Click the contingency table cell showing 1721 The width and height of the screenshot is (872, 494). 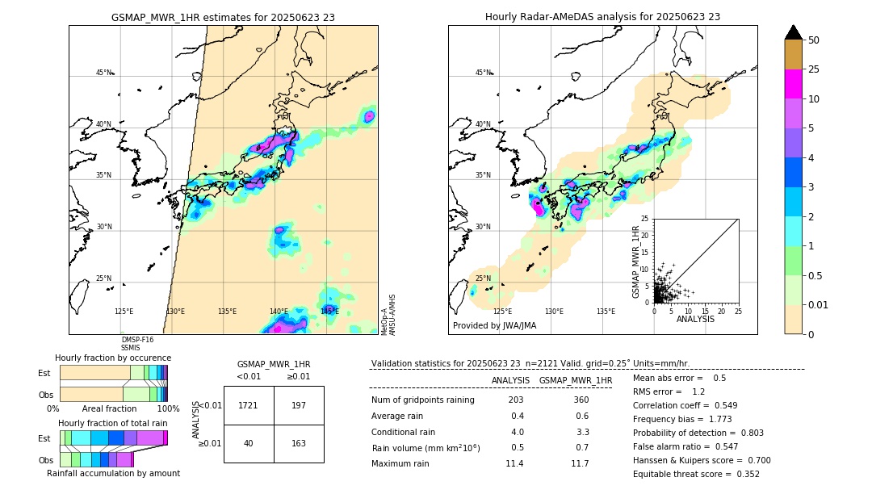coord(249,405)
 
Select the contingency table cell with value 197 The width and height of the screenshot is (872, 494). coord(299,405)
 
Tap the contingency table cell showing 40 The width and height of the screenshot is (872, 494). coord(249,443)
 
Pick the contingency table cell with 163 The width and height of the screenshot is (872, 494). coord(299,443)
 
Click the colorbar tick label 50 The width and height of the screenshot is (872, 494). coord(815,40)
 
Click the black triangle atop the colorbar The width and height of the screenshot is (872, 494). coord(794,32)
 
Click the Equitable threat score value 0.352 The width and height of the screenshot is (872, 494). coord(744,474)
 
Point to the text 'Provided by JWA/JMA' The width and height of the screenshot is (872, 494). coord(494,326)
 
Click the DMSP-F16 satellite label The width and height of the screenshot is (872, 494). coord(137,340)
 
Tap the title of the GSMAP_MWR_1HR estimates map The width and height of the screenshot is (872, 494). coord(223,17)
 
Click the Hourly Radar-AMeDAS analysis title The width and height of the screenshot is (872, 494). coord(602,17)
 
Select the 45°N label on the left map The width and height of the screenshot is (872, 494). coord(103,73)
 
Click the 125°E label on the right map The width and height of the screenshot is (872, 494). coord(502,311)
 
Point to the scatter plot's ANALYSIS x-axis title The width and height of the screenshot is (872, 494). coord(695,319)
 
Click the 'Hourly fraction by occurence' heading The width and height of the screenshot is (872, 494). coord(113,358)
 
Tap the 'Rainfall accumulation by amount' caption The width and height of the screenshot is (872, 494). coord(113,473)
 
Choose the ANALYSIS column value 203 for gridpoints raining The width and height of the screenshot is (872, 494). coord(516,400)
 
